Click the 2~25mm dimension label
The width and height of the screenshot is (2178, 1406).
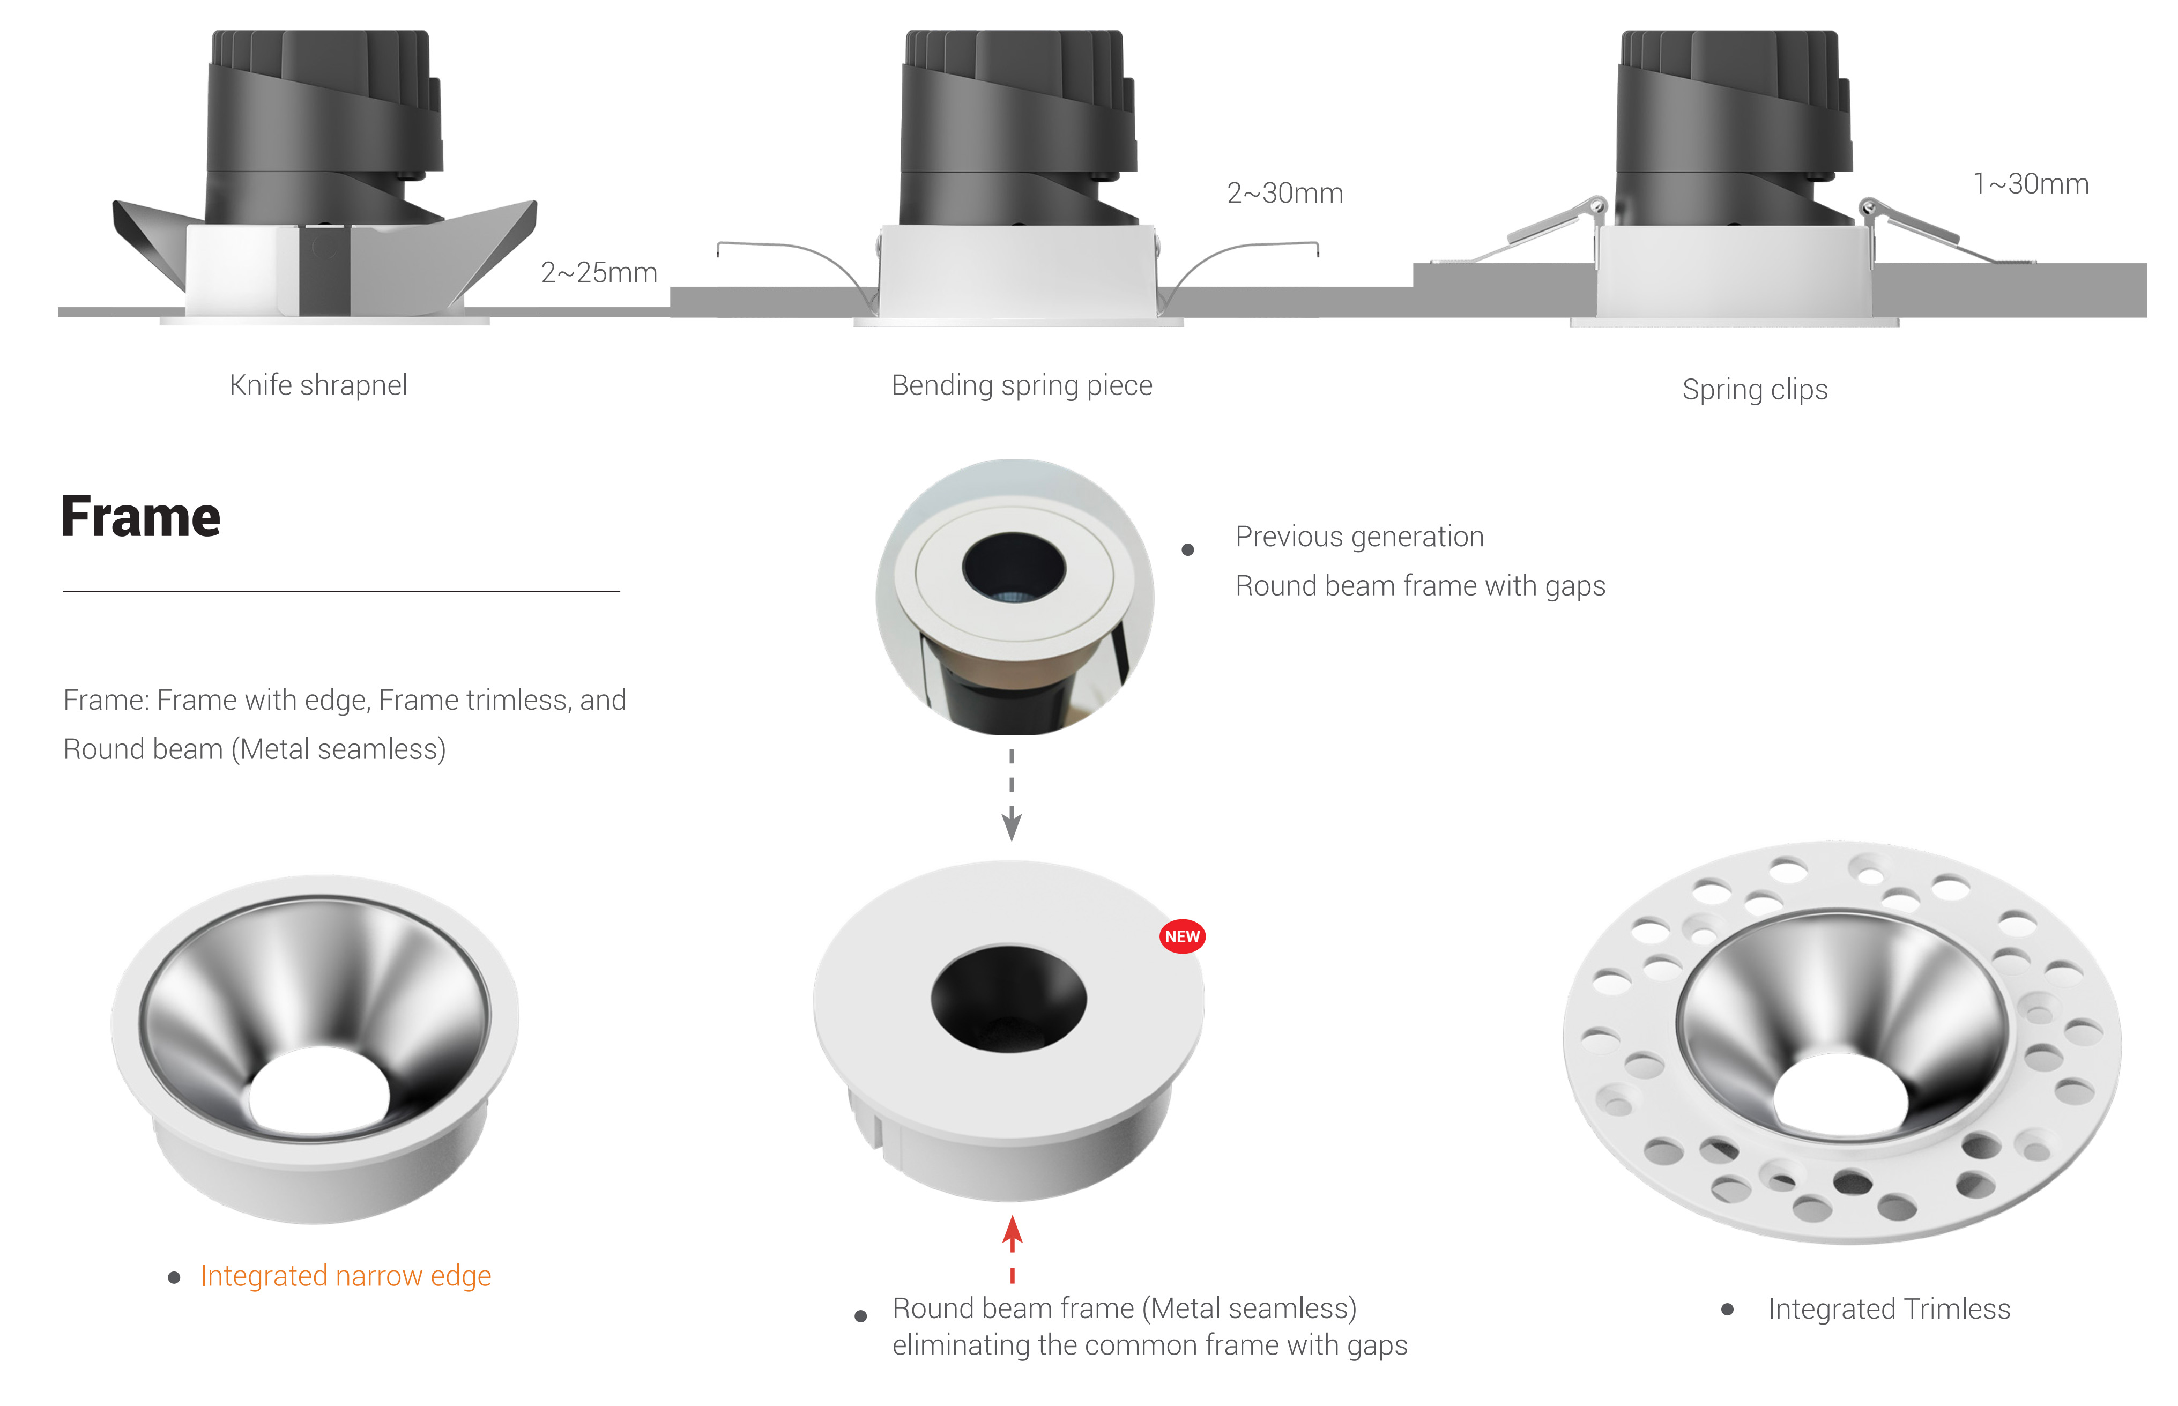(x=599, y=272)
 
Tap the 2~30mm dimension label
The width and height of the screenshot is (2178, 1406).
(x=1284, y=192)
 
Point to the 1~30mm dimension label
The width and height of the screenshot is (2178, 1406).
(x=2030, y=183)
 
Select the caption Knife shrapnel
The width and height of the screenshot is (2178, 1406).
(x=318, y=385)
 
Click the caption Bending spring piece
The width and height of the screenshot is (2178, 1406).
(x=1021, y=385)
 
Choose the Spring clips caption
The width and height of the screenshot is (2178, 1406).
(x=1755, y=390)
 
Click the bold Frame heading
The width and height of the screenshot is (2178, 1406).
(x=140, y=517)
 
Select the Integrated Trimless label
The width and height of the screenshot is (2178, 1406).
(x=1889, y=1309)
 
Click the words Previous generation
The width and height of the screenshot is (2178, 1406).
(x=1359, y=537)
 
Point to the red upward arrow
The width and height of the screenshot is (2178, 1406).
(x=1012, y=1248)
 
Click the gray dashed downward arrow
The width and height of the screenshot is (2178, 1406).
(x=1012, y=794)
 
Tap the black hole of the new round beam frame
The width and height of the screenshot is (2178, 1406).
(x=1009, y=999)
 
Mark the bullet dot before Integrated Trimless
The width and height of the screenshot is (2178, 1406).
(x=1727, y=1309)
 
